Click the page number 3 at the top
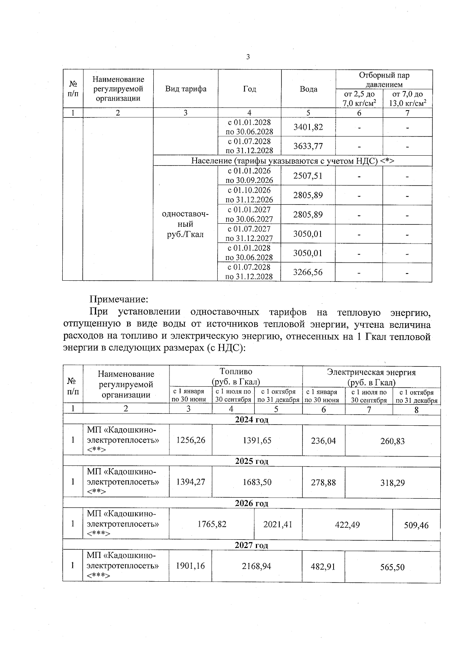click(x=248, y=57)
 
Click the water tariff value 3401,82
click(x=308, y=127)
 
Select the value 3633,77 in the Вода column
click(x=308, y=146)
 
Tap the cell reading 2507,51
click(x=308, y=176)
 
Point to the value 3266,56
click(x=308, y=272)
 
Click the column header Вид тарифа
click(x=186, y=89)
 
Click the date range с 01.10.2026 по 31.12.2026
click(x=249, y=195)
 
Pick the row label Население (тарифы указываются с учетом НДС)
click(x=293, y=161)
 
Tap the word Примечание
click(x=119, y=299)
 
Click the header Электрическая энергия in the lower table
click(x=371, y=372)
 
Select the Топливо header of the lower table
click(x=236, y=372)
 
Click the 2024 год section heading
click(x=251, y=420)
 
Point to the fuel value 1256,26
click(x=190, y=440)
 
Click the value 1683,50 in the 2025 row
click(x=257, y=482)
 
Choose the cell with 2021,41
click(x=278, y=524)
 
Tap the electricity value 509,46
click(x=416, y=525)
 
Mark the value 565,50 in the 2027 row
click(x=392, y=567)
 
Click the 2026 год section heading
click(x=251, y=504)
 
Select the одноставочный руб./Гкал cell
click(x=186, y=224)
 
